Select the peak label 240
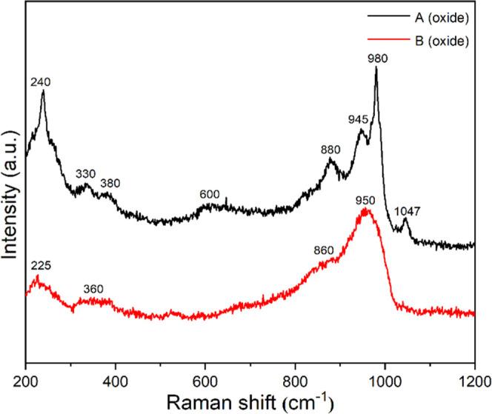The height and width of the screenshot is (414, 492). point(40,84)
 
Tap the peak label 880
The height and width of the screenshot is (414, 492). point(330,149)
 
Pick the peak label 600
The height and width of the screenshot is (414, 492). point(210,193)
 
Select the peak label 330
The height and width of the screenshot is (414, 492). point(86,173)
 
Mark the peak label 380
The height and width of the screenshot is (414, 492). point(110,183)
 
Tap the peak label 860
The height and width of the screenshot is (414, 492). point(324,250)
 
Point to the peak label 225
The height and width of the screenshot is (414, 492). point(40,265)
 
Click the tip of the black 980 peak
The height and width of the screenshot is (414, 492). point(376,67)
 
